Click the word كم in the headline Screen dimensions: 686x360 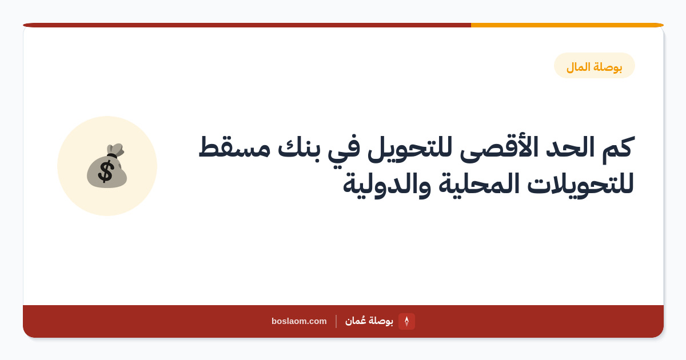617,149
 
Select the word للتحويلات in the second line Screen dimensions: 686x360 580,183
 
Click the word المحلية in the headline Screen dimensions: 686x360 478,184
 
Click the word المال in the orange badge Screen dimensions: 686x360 578,67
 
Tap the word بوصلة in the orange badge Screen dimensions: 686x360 608,67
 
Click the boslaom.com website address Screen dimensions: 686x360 299,321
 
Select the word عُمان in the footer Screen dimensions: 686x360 355,321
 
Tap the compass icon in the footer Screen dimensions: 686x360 406,321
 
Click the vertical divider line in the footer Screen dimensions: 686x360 336,321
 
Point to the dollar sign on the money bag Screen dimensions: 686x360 106,172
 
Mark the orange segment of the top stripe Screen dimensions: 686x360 567,25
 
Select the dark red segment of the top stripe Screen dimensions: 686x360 247,25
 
